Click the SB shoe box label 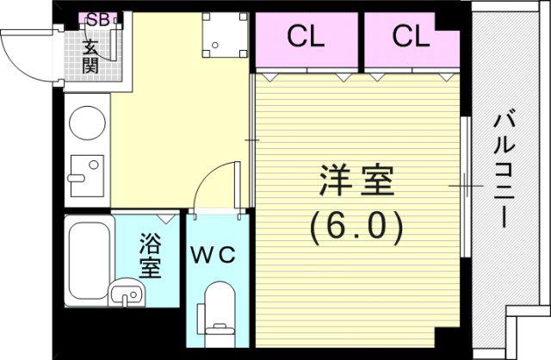click(x=97, y=20)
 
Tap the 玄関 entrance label click(x=90, y=56)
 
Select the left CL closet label click(x=306, y=36)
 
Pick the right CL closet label click(x=412, y=36)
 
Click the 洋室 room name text click(x=356, y=181)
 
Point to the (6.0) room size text click(x=356, y=228)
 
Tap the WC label click(x=214, y=255)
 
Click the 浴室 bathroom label click(x=150, y=255)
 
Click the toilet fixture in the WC click(x=218, y=314)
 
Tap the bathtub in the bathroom click(x=90, y=260)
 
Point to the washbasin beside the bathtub click(x=127, y=292)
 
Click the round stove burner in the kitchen click(x=88, y=122)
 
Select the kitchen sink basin click(x=87, y=176)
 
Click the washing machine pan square click(x=226, y=34)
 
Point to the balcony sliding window click(x=466, y=187)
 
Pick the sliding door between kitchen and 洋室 click(x=252, y=140)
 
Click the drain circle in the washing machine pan click(x=215, y=45)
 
